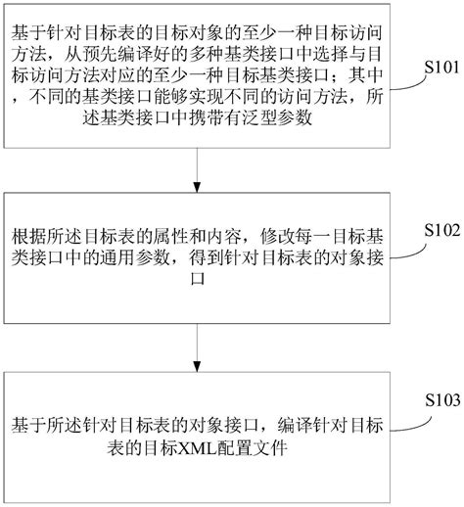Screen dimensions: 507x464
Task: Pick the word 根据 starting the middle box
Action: [26, 237]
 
